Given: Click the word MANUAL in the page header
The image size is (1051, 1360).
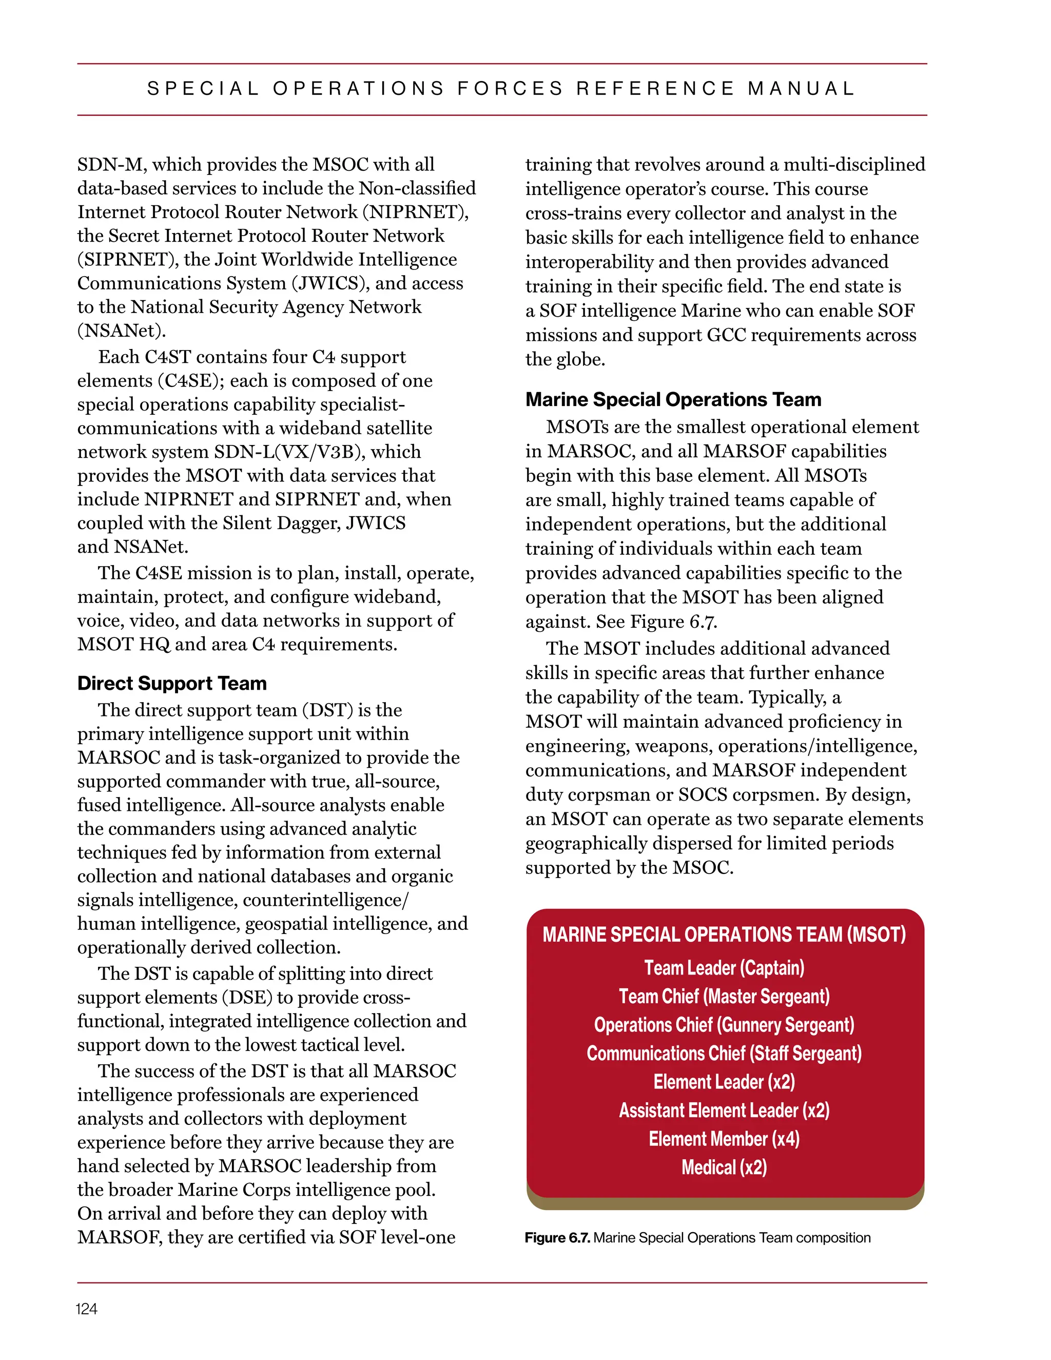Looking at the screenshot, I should click(801, 88).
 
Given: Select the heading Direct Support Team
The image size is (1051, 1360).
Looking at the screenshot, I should click(172, 683).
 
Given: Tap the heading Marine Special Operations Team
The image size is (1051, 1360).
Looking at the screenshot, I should click(673, 399).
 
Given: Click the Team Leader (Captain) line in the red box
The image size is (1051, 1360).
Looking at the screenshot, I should click(724, 968).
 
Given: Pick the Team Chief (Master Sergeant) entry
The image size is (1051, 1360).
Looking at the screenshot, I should click(724, 996).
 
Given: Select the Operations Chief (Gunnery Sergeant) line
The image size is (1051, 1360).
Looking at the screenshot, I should click(724, 1025).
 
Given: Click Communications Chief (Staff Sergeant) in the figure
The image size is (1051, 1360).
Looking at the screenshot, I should click(724, 1053).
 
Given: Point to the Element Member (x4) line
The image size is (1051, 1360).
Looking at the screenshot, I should click(724, 1139).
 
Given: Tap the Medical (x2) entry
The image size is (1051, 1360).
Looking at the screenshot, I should click(724, 1167).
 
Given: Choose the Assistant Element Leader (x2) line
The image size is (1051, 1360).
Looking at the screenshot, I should click(724, 1110).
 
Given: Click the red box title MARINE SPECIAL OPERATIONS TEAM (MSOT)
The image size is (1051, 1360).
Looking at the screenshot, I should click(724, 935).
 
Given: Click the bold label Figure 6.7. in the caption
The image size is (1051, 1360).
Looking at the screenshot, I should click(557, 1238).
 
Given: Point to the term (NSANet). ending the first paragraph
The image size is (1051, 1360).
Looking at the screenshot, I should click(122, 331).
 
